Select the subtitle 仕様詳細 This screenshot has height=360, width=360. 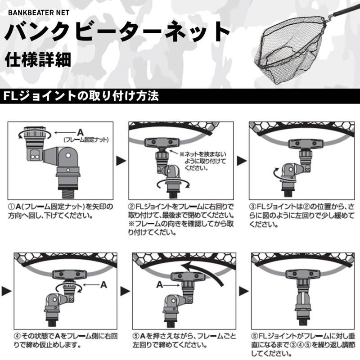38,60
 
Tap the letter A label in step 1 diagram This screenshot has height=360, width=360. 80,132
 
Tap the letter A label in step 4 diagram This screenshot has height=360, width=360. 103,284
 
